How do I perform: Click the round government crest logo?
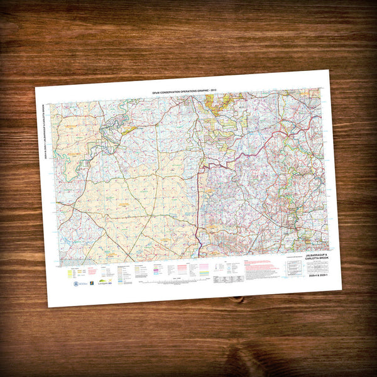[76, 283]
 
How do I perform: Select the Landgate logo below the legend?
[103, 283]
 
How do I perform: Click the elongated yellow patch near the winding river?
[129, 130]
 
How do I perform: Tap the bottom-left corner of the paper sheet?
[50, 307]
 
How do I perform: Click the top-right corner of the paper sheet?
[326, 69]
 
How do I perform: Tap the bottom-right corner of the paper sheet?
[342, 290]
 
